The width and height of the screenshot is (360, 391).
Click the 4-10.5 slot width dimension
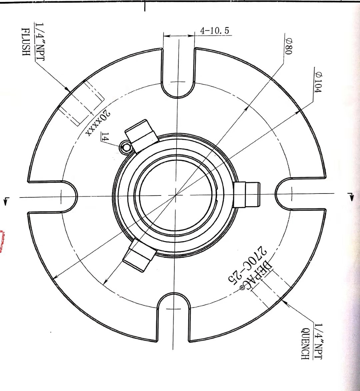point(214,31)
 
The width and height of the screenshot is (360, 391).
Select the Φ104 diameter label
point(318,82)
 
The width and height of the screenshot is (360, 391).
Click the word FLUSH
point(26,41)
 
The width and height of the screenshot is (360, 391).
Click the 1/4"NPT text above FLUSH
point(39,42)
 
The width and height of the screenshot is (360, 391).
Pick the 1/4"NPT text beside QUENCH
point(318,341)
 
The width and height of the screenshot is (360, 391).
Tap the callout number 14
point(105,137)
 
